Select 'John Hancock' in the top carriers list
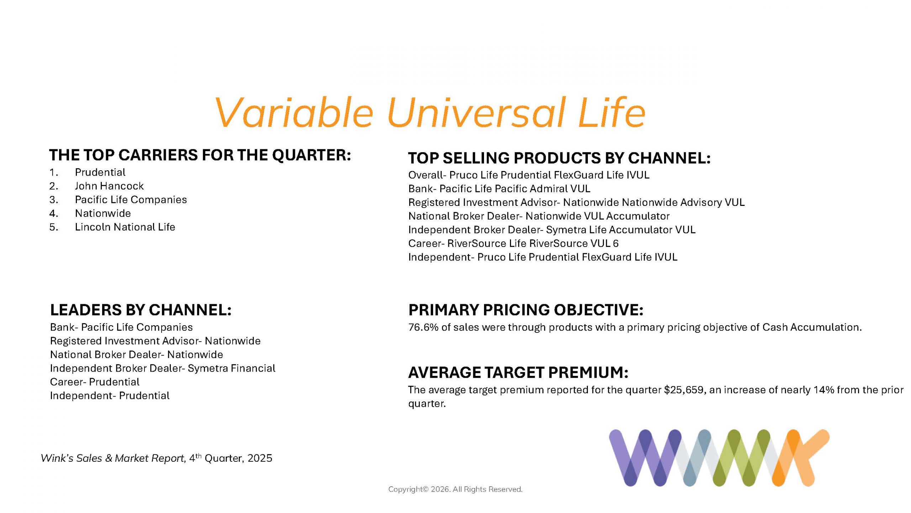point(109,186)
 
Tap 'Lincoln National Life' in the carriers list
point(125,227)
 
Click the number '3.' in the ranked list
point(54,199)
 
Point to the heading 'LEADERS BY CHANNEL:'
point(141,310)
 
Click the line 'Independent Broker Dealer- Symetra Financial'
point(163,368)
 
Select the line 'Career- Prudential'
point(95,382)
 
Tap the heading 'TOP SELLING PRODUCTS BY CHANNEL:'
point(559,158)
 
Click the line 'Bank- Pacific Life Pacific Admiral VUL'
point(499,188)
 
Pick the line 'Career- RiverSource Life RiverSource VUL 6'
point(514,243)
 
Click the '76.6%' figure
point(423,327)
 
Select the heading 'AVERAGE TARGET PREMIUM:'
point(518,373)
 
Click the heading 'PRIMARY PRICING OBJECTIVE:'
point(526,310)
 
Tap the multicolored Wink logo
point(719,458)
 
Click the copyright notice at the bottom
point(455,489)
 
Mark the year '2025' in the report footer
point(260,458)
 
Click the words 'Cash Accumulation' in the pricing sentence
point(812,327)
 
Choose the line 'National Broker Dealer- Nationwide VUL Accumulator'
point(539,216)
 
